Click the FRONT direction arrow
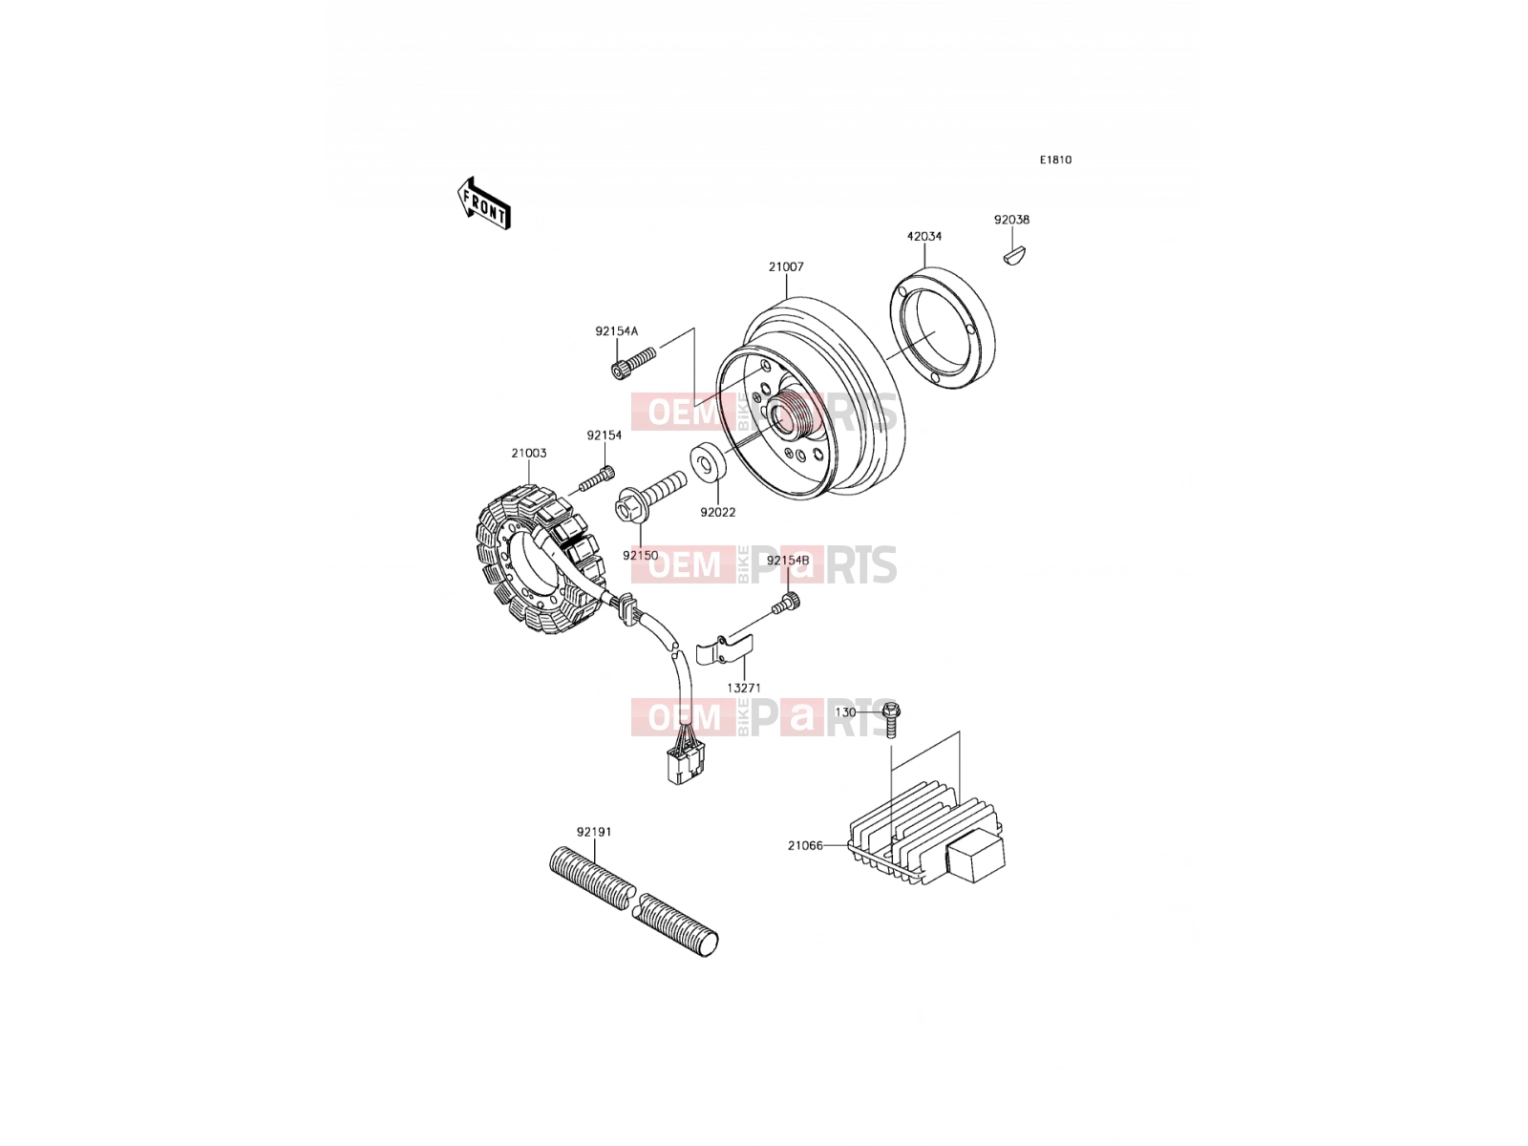[484, 203]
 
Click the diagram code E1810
[1055, 160]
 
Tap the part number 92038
[1011, 220]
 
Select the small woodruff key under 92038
[1014, 256]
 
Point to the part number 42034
[924, 237]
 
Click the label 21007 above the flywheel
[787, 267]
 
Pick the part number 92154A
[617, 332]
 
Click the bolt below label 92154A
[633, 363]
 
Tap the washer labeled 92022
[709, 461]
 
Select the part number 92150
[641, 556]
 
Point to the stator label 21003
[529, 454]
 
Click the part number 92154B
[788, 561]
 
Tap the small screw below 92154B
[787, 603]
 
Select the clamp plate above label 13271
[725, 649]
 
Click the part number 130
[846, 712]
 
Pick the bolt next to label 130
[891, 720]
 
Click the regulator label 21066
[805, 846]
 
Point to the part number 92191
[594, 832]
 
